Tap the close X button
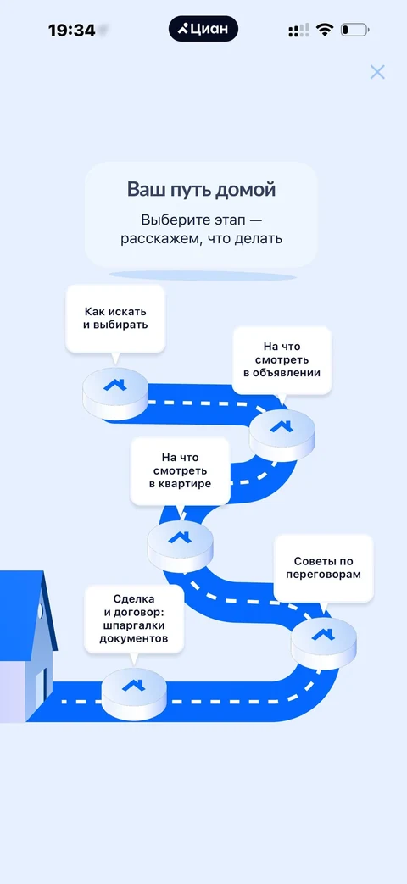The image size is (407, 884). pos(377,72)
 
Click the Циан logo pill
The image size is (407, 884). pos(203,30)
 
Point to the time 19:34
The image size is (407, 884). pos(71,31)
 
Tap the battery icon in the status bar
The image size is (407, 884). pos(354,30)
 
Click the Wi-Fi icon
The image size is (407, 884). pos(325,30)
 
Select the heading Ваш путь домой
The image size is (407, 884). pos(201,190)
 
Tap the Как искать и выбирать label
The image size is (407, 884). pos(115,319)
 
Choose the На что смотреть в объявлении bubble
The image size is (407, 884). pos(282,359)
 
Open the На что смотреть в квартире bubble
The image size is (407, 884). pos(180,470)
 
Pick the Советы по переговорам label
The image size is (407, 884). pos(324,568)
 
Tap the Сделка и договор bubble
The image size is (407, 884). pos(134,619)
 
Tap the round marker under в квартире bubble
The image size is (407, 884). pos(180,547)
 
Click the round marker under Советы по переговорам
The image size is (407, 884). pos(324,643)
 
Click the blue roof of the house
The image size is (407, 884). pos(25,612)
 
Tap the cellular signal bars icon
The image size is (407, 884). pos(298,31)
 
